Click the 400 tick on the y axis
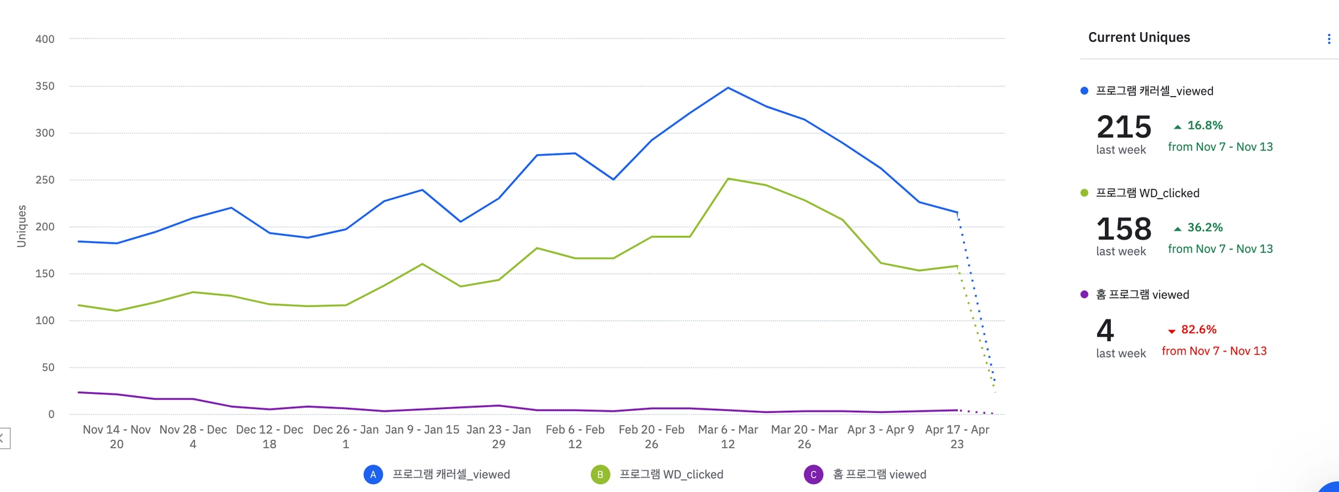45,39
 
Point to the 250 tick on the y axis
45,180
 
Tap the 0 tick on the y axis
51,414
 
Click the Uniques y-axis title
22,226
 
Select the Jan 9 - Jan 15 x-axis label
422,430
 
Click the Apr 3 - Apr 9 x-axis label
881,430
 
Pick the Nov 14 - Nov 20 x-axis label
116,436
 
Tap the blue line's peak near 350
728,88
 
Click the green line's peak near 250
728,178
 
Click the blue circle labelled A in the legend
373,474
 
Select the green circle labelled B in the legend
600,474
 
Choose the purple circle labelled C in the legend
813,474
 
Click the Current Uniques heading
1139,37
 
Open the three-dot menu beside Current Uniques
1329,39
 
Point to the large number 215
1124,127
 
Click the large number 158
1124,229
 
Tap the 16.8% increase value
1204,125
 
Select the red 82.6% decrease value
1198,330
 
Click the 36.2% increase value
1204,227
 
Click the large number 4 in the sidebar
1106,331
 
